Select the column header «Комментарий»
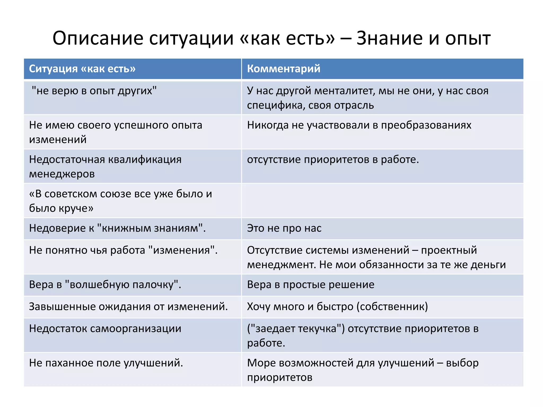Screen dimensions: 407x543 283,69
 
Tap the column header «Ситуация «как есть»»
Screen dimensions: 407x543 82,69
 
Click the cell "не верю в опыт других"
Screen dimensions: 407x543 94,91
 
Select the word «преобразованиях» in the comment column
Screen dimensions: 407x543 426,125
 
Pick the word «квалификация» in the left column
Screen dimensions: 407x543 145,160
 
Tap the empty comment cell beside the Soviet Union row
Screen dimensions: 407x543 382,201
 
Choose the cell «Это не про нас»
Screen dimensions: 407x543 284,228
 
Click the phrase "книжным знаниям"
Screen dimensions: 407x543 150,228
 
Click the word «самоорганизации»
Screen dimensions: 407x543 135,329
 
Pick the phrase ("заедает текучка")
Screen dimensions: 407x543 296,329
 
